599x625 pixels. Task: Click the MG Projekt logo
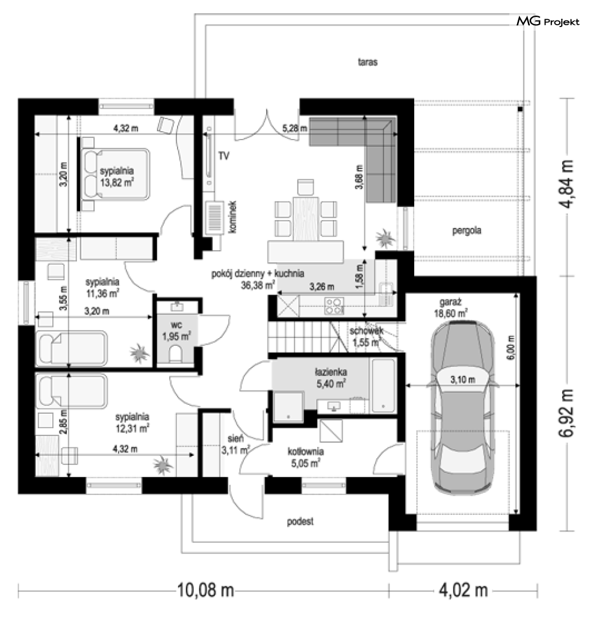tap(548, 22)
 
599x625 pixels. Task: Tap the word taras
tap(367, 62)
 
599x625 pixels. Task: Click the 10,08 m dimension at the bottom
tap(205, 590)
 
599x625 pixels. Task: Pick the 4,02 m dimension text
tap(463, 590)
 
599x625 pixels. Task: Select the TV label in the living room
tap(223, 156)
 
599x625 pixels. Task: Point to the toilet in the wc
tap(176, 354)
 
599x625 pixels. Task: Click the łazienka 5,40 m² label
tap(329, 377)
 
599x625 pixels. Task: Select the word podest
tap(300, 522)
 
